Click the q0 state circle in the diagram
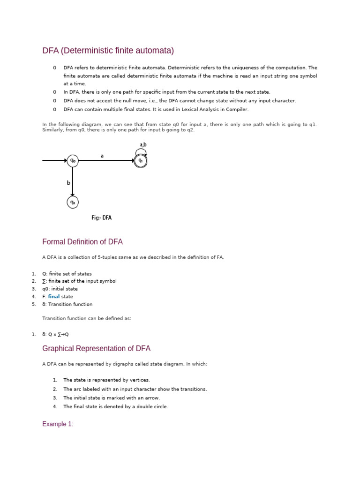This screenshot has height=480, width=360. pyautogui.click(x=73, y=161)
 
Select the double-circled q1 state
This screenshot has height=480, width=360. pyautogui.click(x=141, y=161)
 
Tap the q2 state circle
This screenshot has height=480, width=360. pyautogui.click(x=73, y=202)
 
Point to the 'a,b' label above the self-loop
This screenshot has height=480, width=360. pyautogui.click(x=143, y=145)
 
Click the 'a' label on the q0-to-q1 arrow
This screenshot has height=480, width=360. pyautogui.click(x=102, y=156)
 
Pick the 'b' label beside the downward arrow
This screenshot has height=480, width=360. pyautogui.click(x=68, y=183)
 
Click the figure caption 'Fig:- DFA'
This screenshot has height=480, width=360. pyautogui.click(x=101, y=217)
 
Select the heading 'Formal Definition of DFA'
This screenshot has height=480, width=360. pyautogui.click(x=82, y=242)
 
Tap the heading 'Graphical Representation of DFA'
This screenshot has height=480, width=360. pyautogui.click(x=96, y=349)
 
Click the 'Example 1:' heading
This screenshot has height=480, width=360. pyautogui.click(x=58, y=424)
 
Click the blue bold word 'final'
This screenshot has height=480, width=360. pyautogui.click(x=54, y=297)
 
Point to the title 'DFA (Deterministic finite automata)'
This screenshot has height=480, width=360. pyautogui.click(x=108, y=50)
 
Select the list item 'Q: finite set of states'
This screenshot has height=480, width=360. pyautogui.click(x=67, y=274)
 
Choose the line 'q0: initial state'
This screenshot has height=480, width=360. pyautogui.click(x=60, y=289)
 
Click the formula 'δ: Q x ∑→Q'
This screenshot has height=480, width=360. pyautogui.click(x=56, y=334)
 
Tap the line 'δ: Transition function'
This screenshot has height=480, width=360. pyautogui.click(x=67, y=304)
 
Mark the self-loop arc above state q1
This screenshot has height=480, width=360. pyautogui.click(x=141, y=151)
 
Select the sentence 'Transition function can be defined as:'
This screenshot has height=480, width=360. pyautogui.click(x=87, y=319)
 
